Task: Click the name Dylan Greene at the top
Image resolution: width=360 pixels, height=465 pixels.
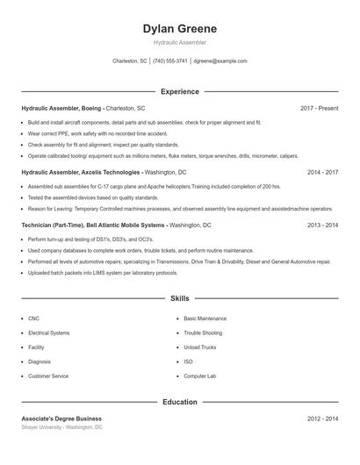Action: tap(179, 29)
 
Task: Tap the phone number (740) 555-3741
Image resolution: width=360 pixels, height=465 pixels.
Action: tap(170, 61)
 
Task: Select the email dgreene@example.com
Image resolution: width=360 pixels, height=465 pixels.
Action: tap(220, 61)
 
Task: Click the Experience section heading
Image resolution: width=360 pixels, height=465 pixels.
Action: tap(179, 91)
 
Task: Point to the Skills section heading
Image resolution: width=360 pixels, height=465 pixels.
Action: tap(179, 299)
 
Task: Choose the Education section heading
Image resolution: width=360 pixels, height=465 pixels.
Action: tap(179, 402)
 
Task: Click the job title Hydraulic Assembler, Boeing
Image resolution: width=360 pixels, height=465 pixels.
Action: tap(61, 108)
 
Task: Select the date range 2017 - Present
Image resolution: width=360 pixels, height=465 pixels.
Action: tap(319, 108)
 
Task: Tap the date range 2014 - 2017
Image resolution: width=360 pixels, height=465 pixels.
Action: tap(322, 173)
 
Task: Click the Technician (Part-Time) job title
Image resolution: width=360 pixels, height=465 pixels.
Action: tap(54, 225)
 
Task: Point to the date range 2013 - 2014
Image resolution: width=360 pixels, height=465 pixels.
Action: tap(322, 225)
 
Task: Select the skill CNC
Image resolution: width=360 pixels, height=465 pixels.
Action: tap(33, 318)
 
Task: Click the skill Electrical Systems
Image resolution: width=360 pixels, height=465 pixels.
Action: tap(48, 333)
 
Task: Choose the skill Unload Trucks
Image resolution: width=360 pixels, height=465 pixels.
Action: tap(199, 347)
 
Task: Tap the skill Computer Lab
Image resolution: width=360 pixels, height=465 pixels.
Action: tap(199, 376)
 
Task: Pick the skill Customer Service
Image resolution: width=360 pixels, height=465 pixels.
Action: tap(48, 376)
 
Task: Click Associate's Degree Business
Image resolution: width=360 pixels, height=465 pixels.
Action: tap(61, 418)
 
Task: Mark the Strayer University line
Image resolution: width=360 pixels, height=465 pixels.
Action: tap(61, 427)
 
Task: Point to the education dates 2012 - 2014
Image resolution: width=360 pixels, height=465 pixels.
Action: tap(322, 418)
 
